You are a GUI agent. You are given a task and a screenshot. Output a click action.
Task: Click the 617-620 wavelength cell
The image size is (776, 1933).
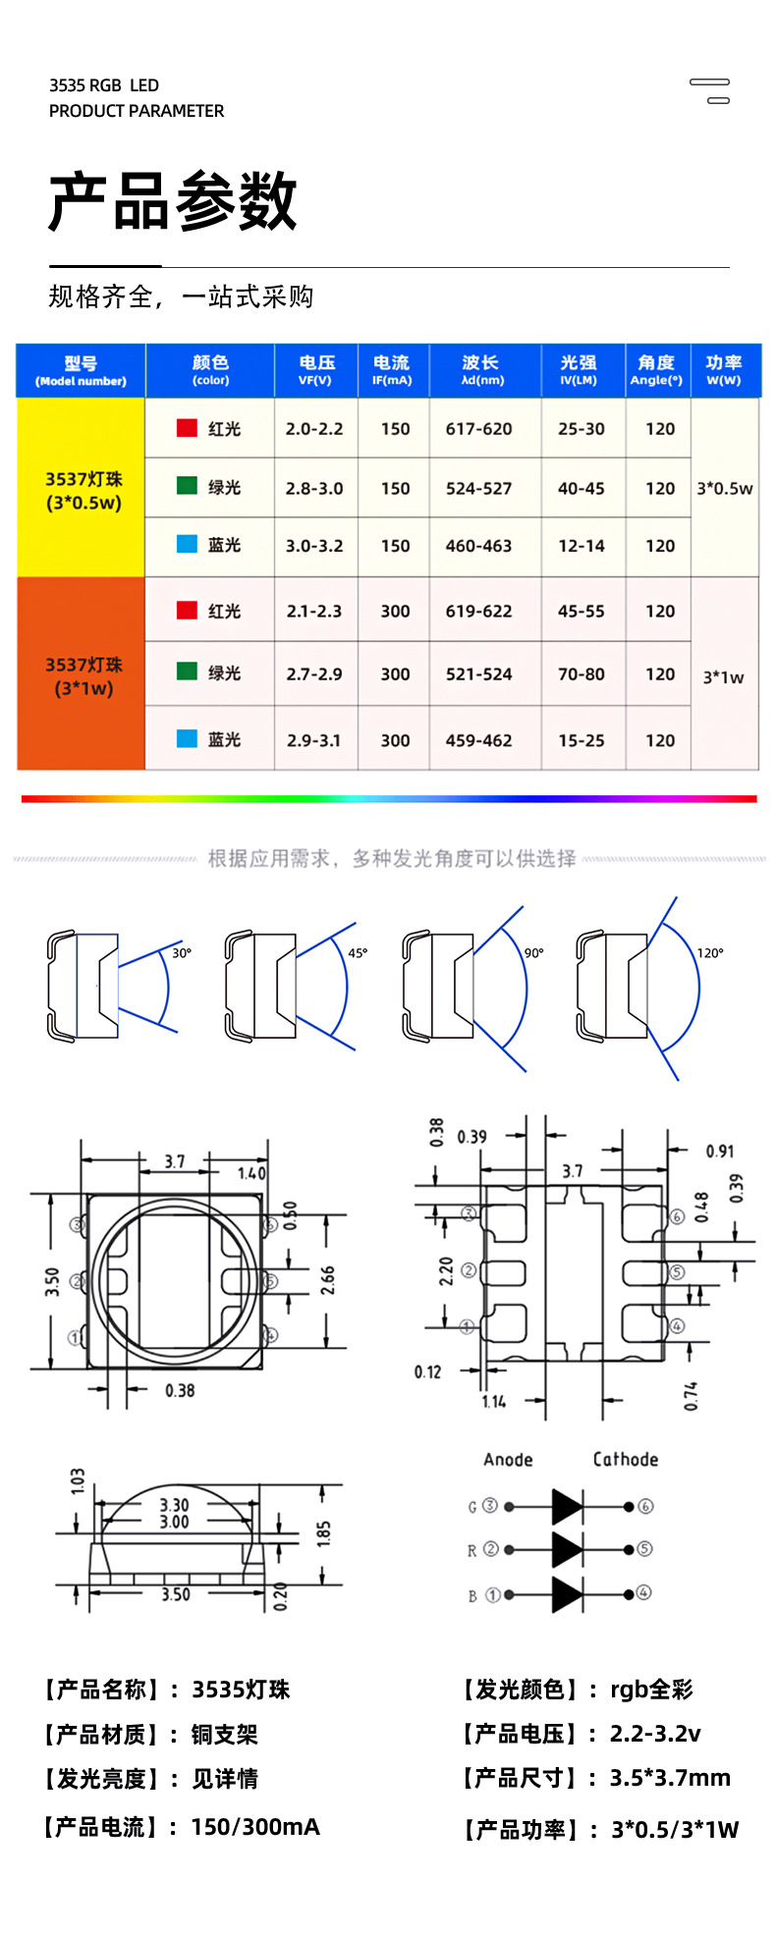[478, 429]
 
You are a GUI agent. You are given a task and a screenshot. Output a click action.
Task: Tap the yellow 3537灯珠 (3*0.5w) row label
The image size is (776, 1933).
[83, 491]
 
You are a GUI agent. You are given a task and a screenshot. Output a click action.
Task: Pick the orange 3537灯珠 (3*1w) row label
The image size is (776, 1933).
[83, 676]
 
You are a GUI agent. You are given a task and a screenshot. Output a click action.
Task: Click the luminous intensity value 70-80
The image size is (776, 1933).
[582, 674]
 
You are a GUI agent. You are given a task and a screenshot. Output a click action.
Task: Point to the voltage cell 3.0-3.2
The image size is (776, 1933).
[314, 546]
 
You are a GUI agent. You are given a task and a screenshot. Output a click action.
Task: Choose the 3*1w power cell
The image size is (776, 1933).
[724, 676]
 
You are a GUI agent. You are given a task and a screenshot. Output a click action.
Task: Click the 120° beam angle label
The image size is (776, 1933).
[710, 953]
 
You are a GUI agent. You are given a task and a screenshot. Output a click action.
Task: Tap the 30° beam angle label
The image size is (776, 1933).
[182, 953]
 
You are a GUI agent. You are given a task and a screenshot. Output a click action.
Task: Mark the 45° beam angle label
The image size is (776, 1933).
[358, 953]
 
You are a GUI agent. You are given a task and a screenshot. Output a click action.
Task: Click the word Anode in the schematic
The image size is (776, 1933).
[508, 1460]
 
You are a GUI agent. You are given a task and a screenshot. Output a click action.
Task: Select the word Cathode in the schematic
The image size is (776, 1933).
[625, 1460]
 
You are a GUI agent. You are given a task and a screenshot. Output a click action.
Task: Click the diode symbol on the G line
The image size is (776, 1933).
[567, 1506]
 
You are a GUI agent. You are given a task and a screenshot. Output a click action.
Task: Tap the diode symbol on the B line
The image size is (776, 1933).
[567, 1594]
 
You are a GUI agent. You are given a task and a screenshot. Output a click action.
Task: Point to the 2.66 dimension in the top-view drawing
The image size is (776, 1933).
[328, 1279]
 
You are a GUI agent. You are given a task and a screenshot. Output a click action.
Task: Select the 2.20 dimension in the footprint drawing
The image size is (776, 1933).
[446, 1271]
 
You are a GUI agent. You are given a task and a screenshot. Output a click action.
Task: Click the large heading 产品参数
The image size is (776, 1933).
[173, 201]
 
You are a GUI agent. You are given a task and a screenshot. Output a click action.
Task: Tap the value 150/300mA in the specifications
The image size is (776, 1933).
[255, 1827]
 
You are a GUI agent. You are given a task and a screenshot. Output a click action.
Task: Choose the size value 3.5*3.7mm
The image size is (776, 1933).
[670, 1778]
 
